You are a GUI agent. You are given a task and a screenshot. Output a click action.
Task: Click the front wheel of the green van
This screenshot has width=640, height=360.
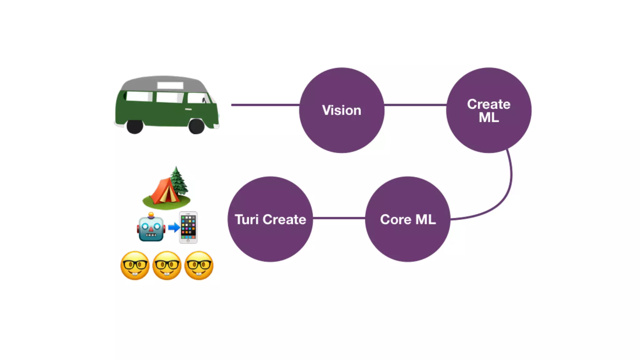197,126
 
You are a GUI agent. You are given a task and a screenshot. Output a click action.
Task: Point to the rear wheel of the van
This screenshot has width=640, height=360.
135,126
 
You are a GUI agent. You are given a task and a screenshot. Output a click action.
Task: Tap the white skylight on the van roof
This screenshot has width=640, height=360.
170,85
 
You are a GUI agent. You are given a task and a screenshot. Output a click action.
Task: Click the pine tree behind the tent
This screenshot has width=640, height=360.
178,180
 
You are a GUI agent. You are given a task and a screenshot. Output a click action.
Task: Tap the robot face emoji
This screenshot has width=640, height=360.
151,228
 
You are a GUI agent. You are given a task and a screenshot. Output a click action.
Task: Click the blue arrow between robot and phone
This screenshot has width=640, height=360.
174,227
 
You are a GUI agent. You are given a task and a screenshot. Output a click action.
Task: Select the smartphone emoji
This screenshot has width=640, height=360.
188,227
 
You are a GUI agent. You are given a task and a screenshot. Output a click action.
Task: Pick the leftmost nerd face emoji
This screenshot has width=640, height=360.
135,265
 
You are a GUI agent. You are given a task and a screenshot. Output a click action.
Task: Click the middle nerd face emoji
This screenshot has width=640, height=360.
167,265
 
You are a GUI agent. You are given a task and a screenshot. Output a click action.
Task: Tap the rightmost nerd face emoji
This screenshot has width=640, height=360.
199,265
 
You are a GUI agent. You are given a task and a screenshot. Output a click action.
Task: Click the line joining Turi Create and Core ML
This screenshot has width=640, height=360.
339,218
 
